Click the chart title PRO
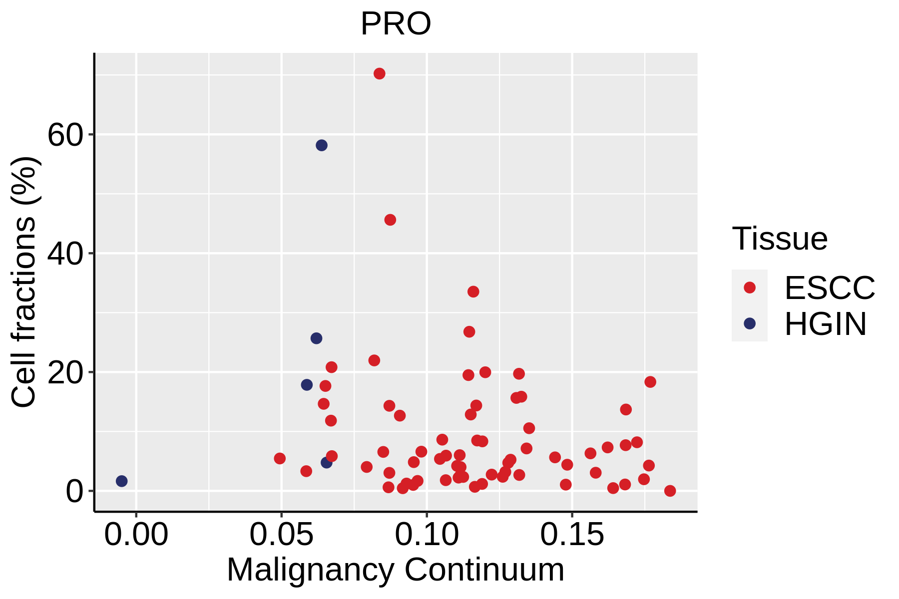point(396,24)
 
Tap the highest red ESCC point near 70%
point(380,74)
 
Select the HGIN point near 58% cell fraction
point(322,145)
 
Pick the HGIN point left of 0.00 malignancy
point(121,481)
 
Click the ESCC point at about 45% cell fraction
point(390,220)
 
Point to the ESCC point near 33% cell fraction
point(473,292)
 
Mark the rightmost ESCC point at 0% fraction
point(670,491)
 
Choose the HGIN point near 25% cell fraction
point(316,338)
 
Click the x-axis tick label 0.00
point(136,535)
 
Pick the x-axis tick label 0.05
point(281,535)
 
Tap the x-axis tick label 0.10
point(427,535)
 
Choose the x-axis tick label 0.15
point(572,535)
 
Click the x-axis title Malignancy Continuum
point(396,570)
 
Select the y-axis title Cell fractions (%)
point(23,282)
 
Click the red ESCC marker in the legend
point(750,287)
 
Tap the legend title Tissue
point(780,239)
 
